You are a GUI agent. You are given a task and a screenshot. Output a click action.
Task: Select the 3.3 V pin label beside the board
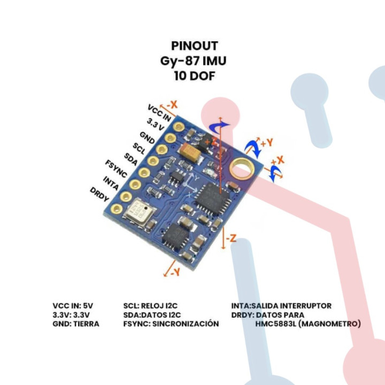pyautogui.click(x=155, y=125)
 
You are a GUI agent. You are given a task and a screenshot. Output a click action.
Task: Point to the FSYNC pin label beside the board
pyautogui.click(x=116, y=167)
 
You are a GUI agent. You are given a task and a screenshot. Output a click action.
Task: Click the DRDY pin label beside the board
pyautogui.click(x=99, y=195)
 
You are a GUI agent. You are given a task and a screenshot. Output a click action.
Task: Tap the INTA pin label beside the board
pyautogui.click(x=111, y=182)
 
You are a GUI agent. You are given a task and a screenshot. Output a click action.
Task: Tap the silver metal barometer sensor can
pyautogui.click(x=137, y=211)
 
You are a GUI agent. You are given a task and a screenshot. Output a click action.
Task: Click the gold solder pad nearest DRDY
pyautogui.click(x=125, y=198)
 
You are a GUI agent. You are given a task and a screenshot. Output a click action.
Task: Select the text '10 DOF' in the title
pyautogui.click(x=195, y=76)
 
